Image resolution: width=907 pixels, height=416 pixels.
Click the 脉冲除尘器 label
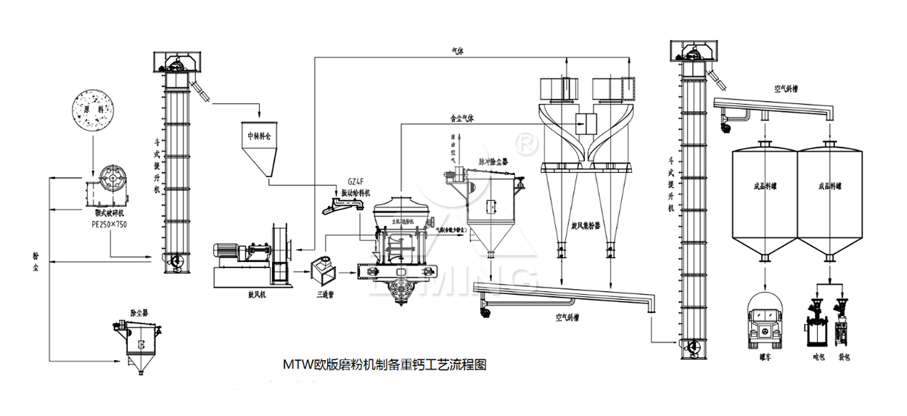(x=496, y=161)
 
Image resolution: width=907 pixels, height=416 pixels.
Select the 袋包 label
(x=844, y=356)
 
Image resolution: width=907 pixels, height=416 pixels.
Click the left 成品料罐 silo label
(x=767, y=186)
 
